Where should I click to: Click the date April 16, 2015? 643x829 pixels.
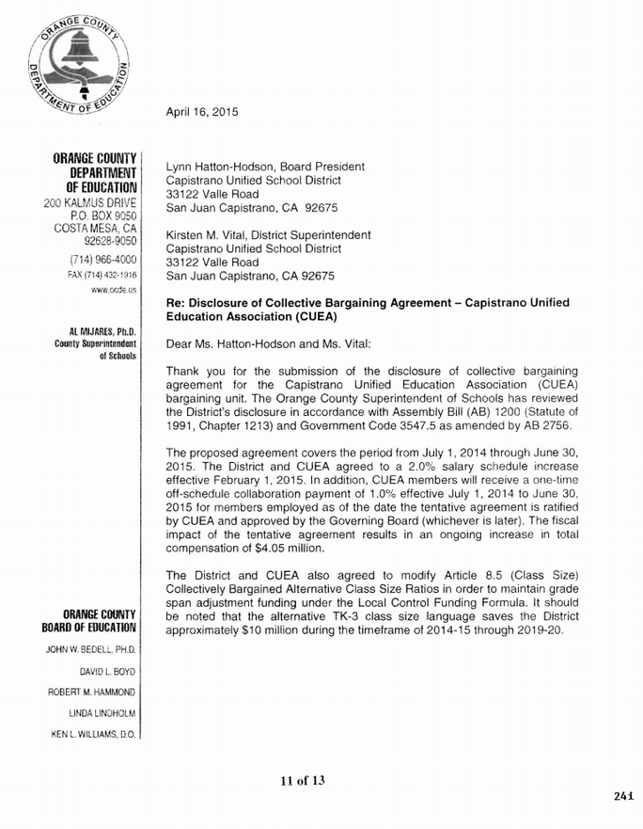point(201,113)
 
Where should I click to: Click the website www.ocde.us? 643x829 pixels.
point(119,293)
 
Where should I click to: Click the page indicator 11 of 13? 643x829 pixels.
point(301,780)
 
